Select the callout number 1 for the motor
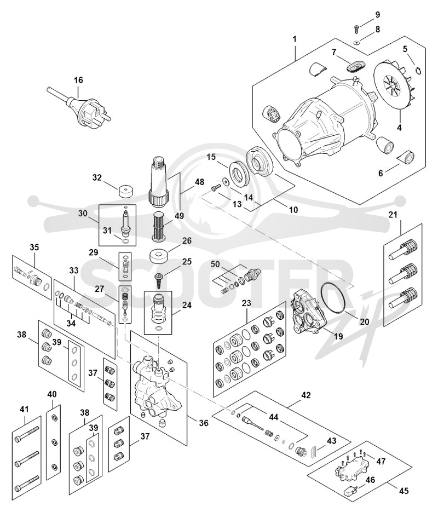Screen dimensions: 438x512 tap(295, 39)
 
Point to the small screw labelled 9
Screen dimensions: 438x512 tap(356, 29)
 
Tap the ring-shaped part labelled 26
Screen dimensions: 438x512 tap(159, 256)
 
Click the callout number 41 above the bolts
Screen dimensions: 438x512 tap(25, 409)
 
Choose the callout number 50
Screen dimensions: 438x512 tap(215, 264)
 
